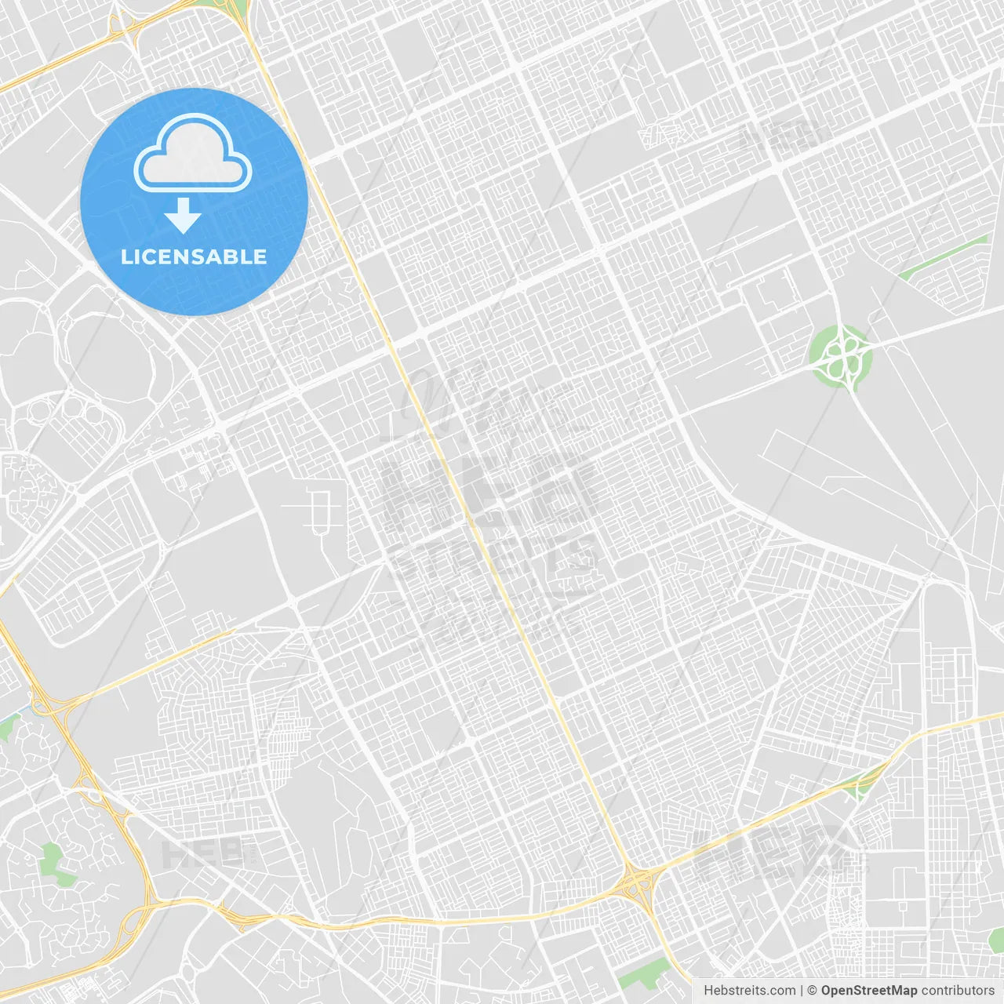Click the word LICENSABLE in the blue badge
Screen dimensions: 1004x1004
(194, 257)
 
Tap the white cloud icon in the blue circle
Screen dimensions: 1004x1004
(193, 154)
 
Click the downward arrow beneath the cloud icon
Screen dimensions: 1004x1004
(184, 216)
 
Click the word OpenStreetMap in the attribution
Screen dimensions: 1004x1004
(868, 991)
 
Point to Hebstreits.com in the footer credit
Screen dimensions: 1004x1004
(749, 991)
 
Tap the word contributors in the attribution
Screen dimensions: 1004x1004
(958, 991)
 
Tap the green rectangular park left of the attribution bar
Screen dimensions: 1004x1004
(643, 974)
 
